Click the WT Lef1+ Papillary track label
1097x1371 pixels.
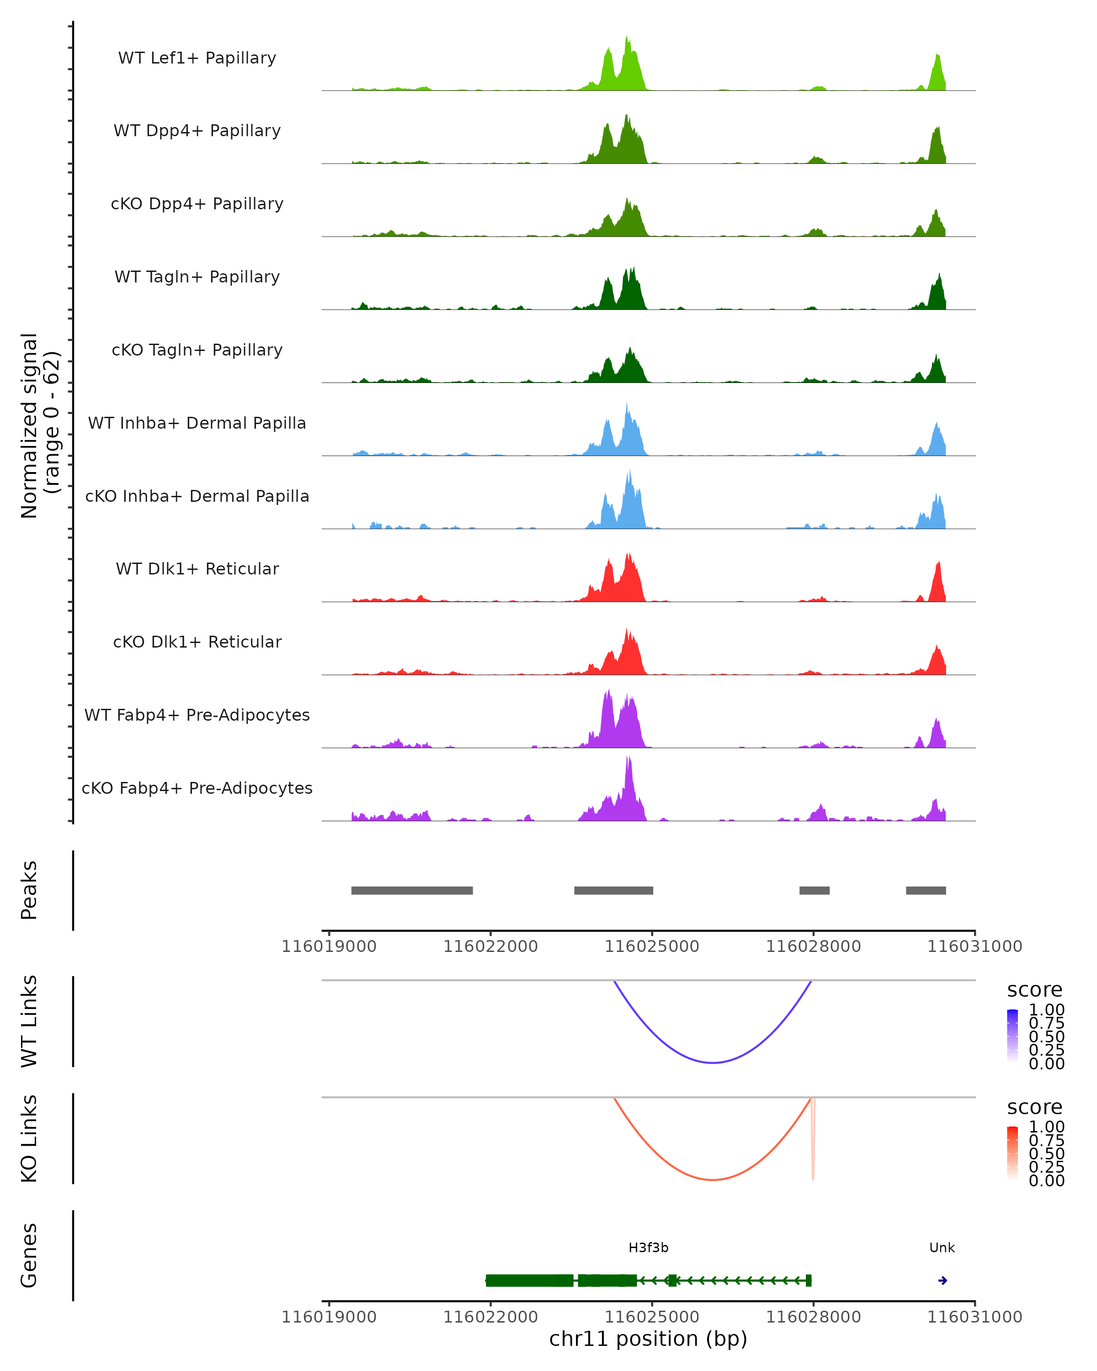(197, 58)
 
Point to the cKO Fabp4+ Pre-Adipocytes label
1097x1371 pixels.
(197, 788)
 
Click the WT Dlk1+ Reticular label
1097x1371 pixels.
(197, 569)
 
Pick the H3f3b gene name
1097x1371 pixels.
(648, 1248)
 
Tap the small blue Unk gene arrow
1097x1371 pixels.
(943, 1281)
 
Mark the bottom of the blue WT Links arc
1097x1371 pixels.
(713, 1063)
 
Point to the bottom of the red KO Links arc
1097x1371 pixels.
(713, 1180)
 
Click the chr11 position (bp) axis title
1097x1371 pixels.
(648, 1339)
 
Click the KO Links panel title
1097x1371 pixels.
(29, 1139)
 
